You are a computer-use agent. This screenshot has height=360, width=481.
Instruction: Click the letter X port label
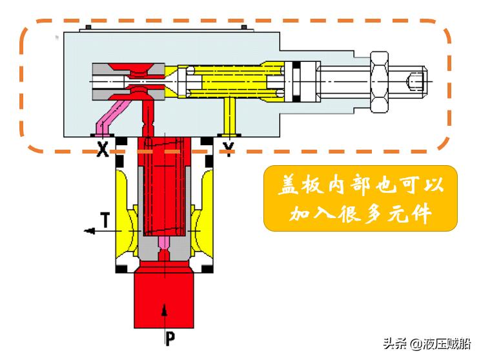click(101, 150)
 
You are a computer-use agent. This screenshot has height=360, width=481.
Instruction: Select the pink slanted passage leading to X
click(104, 119)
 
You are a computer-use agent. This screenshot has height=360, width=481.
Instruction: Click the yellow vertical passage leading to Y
click(227, 116)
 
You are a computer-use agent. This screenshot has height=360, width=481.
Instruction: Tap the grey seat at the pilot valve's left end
click(101, 81)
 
